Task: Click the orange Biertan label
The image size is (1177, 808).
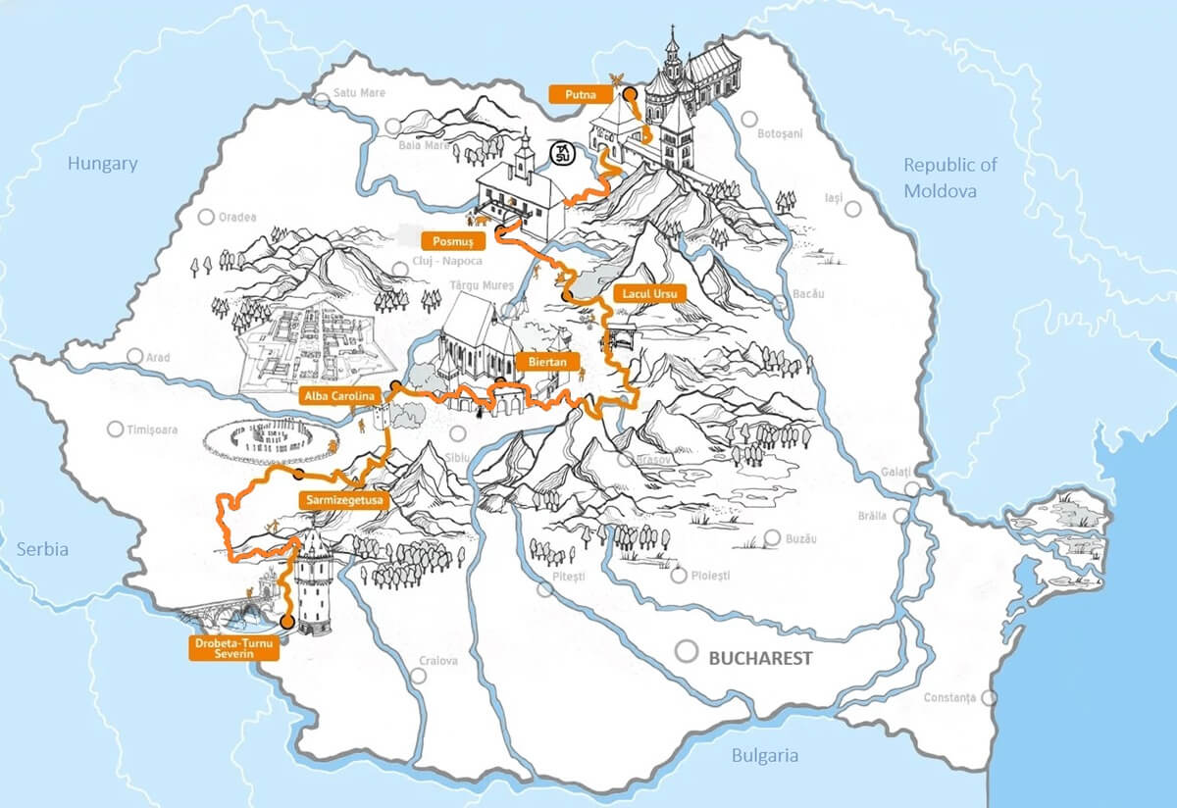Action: tap(546, 361)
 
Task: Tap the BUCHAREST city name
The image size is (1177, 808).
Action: tap(760, 658)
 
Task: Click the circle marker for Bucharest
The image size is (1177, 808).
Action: tap(689, 651)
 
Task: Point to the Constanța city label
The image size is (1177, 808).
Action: tap(950, 697)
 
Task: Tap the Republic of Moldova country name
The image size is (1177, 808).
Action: tap(949, 177)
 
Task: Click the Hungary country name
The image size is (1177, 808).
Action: tap(102, 164)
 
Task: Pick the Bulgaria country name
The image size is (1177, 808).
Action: tap(764, 755)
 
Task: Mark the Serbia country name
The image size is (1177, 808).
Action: tap(42, 549)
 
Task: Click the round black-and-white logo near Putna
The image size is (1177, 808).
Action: tap(562, 153)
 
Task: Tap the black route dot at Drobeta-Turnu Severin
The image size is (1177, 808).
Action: tap(286, 622)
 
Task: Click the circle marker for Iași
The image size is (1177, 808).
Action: tap(853, 209)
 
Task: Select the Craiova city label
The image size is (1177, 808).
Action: tap(438, 660)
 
